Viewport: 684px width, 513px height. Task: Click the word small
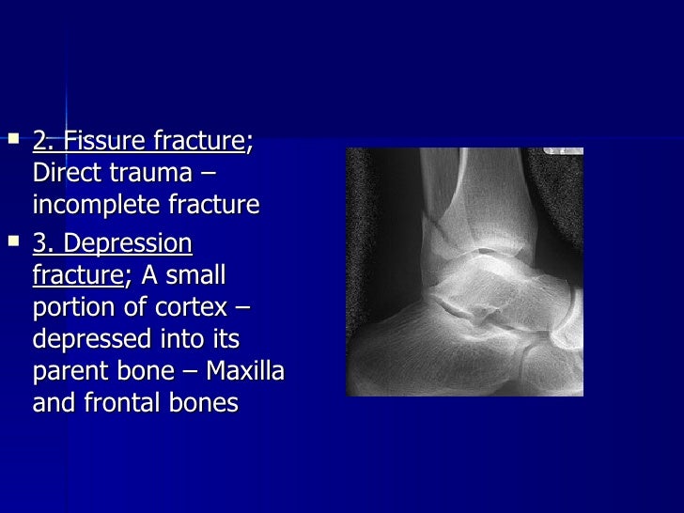tap(196, 276)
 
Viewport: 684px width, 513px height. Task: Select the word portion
tap(71, 308)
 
